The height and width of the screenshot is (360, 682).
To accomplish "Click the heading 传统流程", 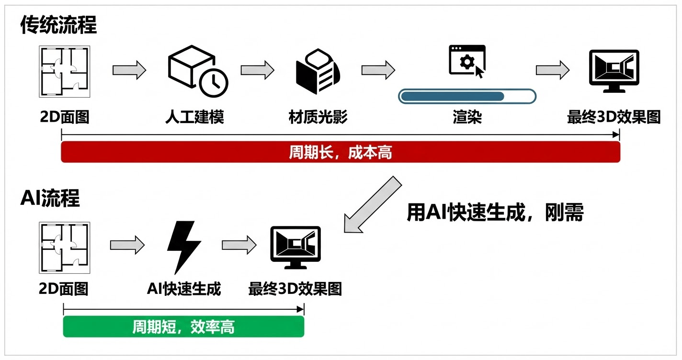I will pos(58,25).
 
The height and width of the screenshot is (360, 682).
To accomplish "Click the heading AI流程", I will pos(50,198).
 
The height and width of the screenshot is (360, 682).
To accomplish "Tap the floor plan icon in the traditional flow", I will pos(64,71).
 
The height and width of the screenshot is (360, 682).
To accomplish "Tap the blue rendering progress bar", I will pos(453,96).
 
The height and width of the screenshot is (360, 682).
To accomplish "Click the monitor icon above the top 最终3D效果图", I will pos(614,71).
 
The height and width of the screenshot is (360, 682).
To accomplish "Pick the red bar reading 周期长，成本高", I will pos(341,152).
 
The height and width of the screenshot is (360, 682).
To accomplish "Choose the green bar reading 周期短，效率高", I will pos(183,326).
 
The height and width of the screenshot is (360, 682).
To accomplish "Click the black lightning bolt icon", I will pos(183,247).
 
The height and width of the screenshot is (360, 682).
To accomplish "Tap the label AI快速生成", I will pos(184,289).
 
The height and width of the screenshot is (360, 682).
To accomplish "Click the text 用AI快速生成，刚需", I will pos(495,213).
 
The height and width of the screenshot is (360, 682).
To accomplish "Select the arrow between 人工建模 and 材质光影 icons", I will pos(257,70).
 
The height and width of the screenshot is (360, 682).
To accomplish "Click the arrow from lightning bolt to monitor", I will pos(238,245).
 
